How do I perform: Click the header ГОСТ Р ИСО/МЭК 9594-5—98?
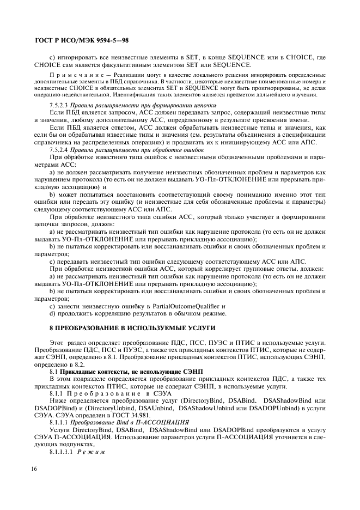pos(81,40)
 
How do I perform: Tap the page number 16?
pos(38,480)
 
